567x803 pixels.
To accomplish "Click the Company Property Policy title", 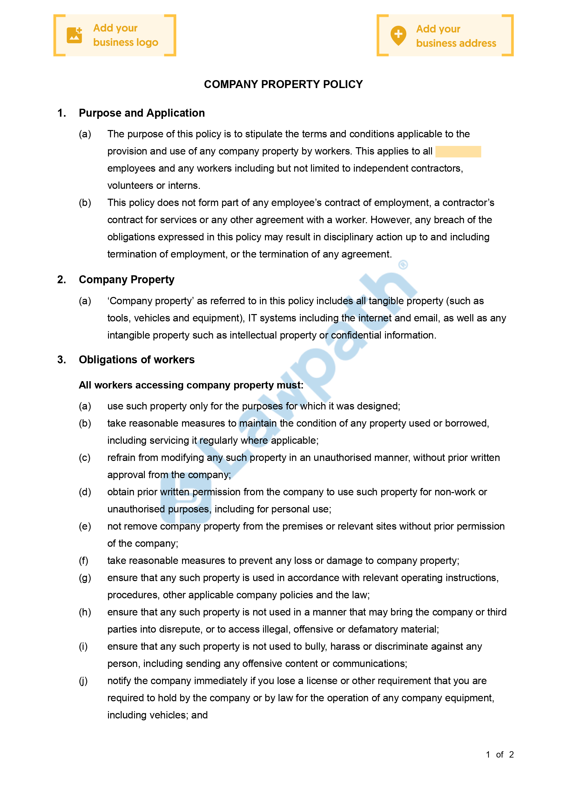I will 283,84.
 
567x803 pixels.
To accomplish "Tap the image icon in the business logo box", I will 74,35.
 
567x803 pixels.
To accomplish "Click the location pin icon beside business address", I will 398,35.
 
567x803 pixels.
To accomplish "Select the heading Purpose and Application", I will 142,113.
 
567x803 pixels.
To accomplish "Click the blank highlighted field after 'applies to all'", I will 458,151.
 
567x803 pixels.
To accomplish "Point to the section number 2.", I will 62,279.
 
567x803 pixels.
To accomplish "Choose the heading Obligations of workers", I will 137,360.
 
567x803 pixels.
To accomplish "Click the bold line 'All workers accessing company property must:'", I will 191,385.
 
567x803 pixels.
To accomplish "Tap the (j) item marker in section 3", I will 83,681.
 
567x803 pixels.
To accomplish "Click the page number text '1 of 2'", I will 500,754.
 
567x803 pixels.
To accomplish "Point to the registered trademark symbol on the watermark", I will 403,265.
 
